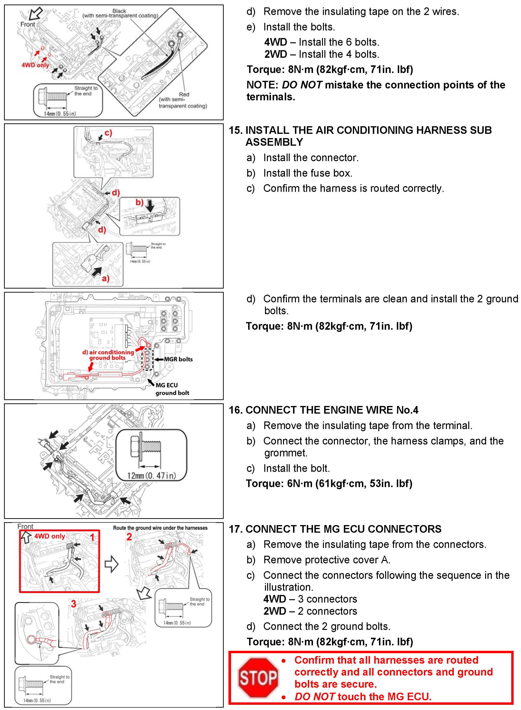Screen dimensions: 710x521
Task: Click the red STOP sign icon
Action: [x=258, y=677]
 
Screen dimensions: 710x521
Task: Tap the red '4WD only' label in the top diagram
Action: [x=35, y=65]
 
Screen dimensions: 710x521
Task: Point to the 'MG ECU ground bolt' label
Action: [x=172, y=389]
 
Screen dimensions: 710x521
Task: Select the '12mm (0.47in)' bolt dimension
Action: [x=151, y=475]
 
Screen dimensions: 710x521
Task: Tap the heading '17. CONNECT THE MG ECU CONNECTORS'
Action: [x=335, y=529]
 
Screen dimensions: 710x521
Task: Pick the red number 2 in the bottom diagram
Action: [x=129, y=537]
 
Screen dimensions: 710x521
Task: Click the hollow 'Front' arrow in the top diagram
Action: [x=36, y=14]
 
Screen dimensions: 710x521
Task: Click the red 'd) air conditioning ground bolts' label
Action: [x=108, y=355]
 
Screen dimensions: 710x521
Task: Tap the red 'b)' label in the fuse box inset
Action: [x=139, y=202]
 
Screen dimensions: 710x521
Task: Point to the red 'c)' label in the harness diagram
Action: [x=108, y=133]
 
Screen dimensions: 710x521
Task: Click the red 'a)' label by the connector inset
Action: [x=106, y=278]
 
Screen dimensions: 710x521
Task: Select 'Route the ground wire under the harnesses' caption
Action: [x=160, y=528]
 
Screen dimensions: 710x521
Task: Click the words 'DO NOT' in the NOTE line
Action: [x=302, y=85]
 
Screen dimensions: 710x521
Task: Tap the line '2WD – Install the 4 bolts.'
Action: [x=322, y=54]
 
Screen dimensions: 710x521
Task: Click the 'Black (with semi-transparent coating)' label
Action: [x=120, y=13]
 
